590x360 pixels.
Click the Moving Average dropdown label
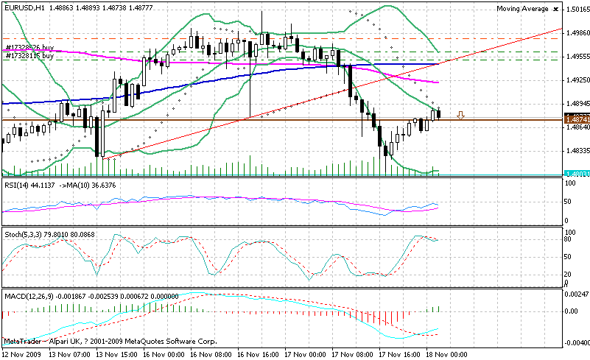(x=522, y=8)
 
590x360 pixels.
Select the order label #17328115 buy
(x=31, y=56)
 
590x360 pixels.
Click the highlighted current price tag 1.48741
(x=577, y=119)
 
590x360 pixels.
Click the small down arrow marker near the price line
(x=461, y=115)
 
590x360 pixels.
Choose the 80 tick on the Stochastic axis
(x=569, y=239)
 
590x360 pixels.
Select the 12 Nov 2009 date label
(x=22, y=354)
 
